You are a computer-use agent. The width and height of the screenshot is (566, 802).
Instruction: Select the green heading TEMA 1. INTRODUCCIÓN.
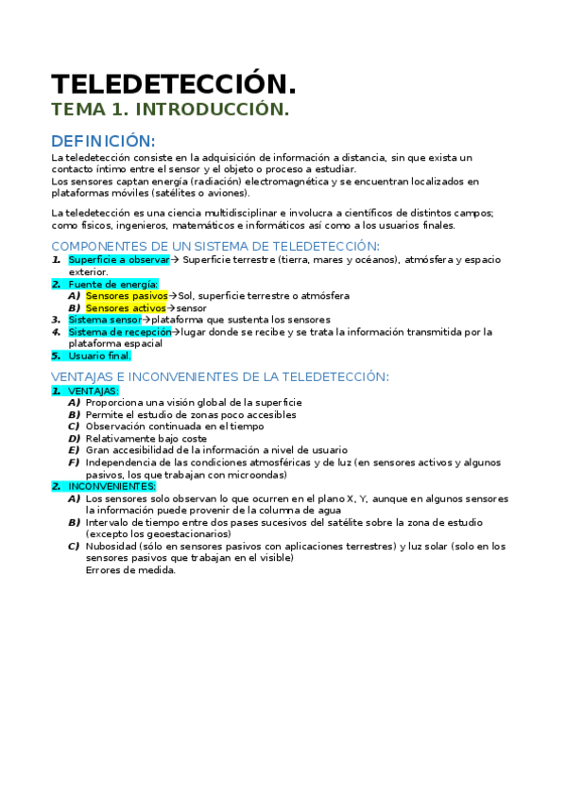(x=170, y=110)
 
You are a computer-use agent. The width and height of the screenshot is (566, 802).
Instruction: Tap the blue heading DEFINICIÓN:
(x=103, y=140)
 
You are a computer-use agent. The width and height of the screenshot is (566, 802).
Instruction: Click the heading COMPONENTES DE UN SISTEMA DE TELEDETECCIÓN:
(x=215, y=246)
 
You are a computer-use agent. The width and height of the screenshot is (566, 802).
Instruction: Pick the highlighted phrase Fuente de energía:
(x=113, y=284)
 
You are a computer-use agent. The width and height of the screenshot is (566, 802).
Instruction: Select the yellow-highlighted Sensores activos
(x=125, y=308)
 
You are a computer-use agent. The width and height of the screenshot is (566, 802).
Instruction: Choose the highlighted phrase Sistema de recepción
(x=120, y=332)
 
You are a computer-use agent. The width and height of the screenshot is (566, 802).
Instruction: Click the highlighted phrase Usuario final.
(x=99, y=357)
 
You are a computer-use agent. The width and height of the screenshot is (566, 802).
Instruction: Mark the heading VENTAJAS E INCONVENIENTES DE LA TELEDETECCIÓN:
(x=220, y=376)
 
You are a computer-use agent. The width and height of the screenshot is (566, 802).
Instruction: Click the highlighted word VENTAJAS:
(x=94, y=391)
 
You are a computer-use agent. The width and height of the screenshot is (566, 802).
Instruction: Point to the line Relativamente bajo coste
(x=146, y=439)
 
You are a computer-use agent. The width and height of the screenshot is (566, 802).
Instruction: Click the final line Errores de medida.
(x=130, y=570)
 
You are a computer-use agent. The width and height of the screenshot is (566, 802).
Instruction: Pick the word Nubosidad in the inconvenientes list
(x=111, y=547)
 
